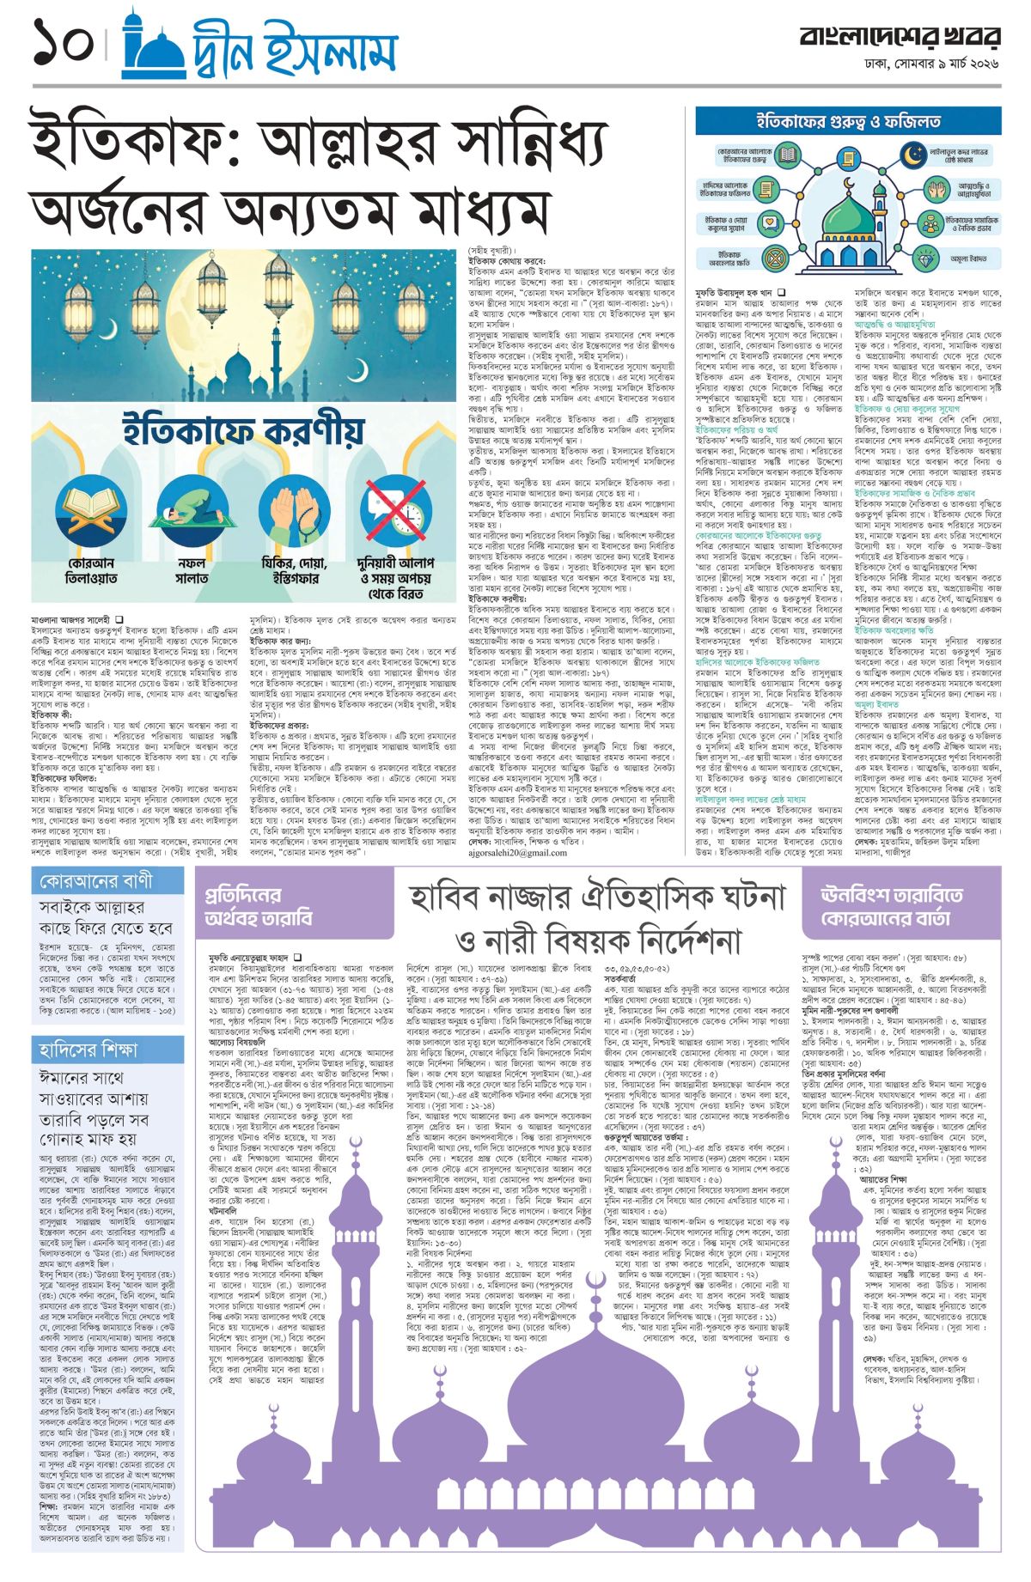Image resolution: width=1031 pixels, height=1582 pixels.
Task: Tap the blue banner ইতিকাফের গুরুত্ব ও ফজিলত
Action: (x=848, y=121)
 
